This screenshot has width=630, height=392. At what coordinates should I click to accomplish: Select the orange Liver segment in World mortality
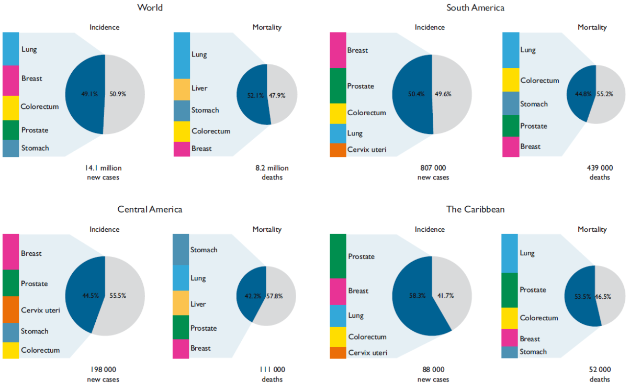(182, 89)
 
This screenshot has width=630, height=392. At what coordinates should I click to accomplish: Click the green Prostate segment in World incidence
(10, 130)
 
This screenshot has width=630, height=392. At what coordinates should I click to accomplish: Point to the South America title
(475, 8)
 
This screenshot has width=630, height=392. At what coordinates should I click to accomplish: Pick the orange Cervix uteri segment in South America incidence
(337, 150)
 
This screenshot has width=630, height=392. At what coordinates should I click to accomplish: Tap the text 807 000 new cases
(433, 172)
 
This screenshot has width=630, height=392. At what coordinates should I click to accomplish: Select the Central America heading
(150, 209)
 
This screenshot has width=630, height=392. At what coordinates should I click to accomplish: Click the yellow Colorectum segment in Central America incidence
(10, 350)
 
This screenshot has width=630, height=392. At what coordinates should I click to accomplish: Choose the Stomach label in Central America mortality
(204, 250)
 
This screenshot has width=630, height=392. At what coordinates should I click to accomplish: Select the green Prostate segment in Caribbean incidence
(337, 256)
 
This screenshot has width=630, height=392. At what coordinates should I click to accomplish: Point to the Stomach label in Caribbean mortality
(534, 352)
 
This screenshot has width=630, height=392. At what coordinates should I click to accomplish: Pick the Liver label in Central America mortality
(198, 304)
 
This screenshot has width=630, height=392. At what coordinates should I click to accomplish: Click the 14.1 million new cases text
(104, 172)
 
